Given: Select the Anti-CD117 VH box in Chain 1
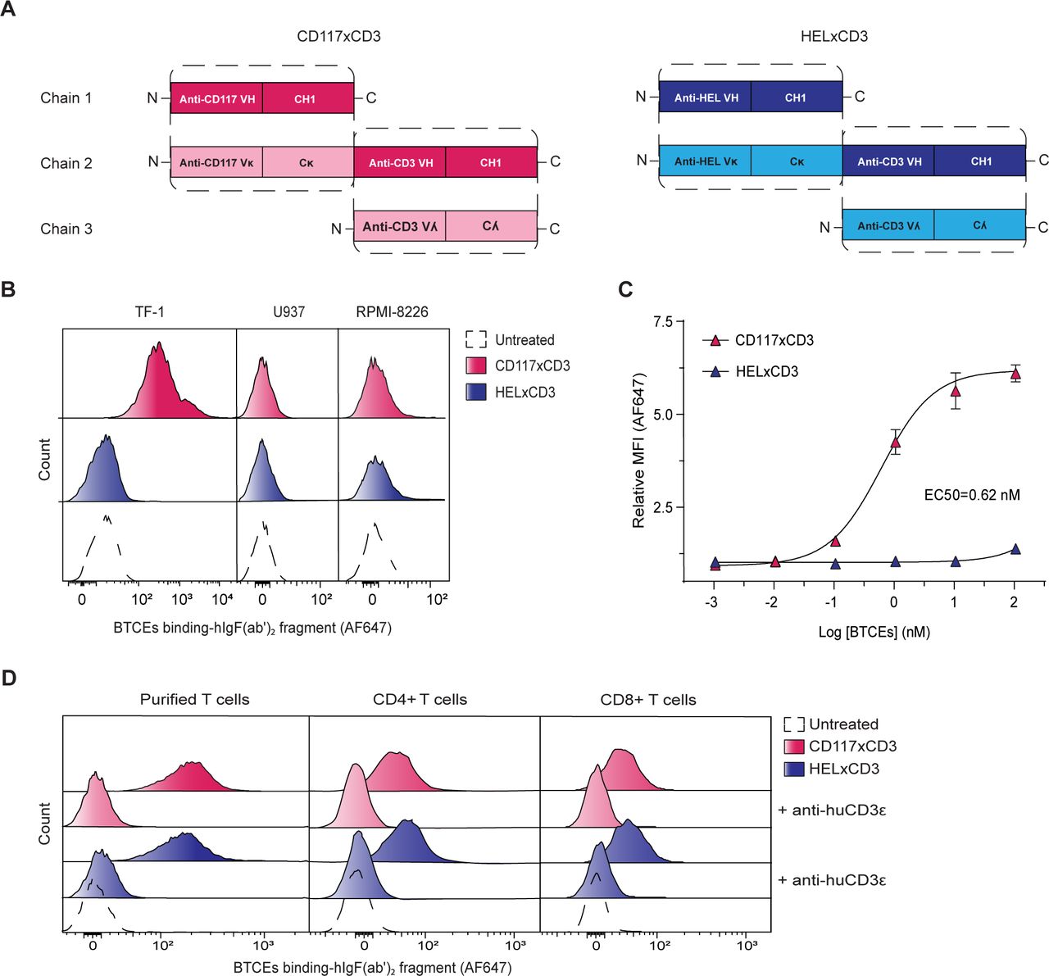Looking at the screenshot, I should pyautogui.click(x=217, y=98).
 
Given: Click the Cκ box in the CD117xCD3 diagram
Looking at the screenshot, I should pyautogui.click(x=307, y=162).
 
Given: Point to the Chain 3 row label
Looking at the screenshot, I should pyautogui.click(x=66, y=229).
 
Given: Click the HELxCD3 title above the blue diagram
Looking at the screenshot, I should pyautogui.click(x=833, y=37).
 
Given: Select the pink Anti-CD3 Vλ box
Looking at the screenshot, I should pyautogui.click(x=400, y=226).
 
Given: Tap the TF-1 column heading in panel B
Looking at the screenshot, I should pyautogui.click(x=149, y=312).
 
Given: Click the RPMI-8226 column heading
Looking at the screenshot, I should pyautogui.click(x=392, y=312).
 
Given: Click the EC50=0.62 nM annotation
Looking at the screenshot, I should pyautogui.click(x=971, y=494).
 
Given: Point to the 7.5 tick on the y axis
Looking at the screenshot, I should pyautogui.click(x=661, y=322).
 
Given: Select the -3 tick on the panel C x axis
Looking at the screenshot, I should pyautogui.click(x=715, y=602).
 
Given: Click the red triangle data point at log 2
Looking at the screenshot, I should pyautogui.click(x=1015, y=374).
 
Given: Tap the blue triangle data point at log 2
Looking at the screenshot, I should pyautogui.click(x=1015, y=549).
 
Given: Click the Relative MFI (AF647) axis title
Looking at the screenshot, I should pyautogui.click(x=639, y=450).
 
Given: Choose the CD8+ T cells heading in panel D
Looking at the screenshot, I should pyautogui.click(x=647, y=700).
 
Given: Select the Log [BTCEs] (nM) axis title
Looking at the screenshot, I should pyautogui.click(x=874, y=632).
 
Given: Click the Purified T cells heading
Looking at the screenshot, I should pyautogui.click(x=194, y=700).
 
